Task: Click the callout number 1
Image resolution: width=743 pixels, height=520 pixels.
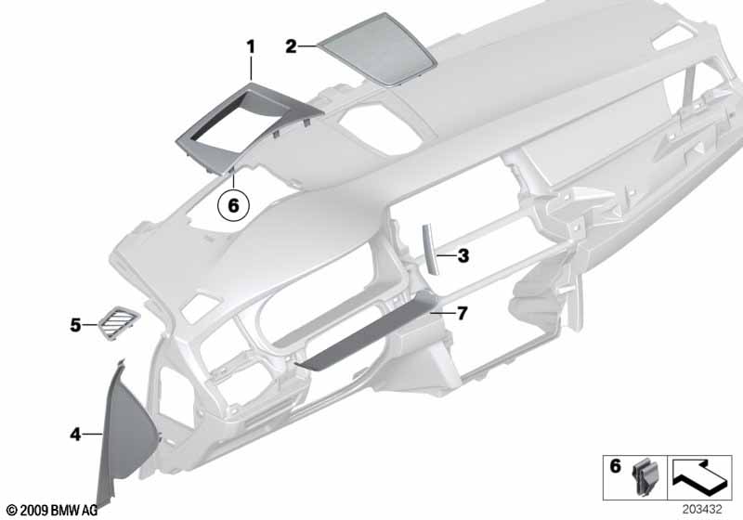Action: click(251, 46)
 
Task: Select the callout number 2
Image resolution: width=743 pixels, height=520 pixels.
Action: click(291, 46)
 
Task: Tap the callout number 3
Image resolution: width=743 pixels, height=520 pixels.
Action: click(463, 255)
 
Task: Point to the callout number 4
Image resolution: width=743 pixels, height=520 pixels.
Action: click(75, 434)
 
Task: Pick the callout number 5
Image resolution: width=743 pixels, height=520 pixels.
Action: click(75, 325)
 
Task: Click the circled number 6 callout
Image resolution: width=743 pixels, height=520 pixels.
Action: click(233, 205)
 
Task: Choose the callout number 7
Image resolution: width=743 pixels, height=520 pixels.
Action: click(462, 313)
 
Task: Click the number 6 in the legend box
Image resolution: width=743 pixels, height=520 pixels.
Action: click(615, 466)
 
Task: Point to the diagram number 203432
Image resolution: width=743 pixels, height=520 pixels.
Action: click(702, 509)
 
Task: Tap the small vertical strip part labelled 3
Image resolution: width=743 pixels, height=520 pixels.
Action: click(429, 249)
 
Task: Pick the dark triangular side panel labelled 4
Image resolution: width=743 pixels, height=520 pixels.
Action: click(124, 426)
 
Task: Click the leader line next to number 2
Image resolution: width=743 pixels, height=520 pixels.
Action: click(307, 45)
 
